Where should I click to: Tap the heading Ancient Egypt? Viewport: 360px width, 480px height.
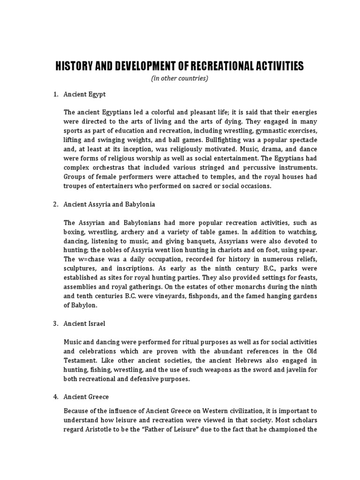click(85, 94)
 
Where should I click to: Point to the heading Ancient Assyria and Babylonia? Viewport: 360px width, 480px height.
click(110, 204)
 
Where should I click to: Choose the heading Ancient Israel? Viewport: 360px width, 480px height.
click(84, 323)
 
